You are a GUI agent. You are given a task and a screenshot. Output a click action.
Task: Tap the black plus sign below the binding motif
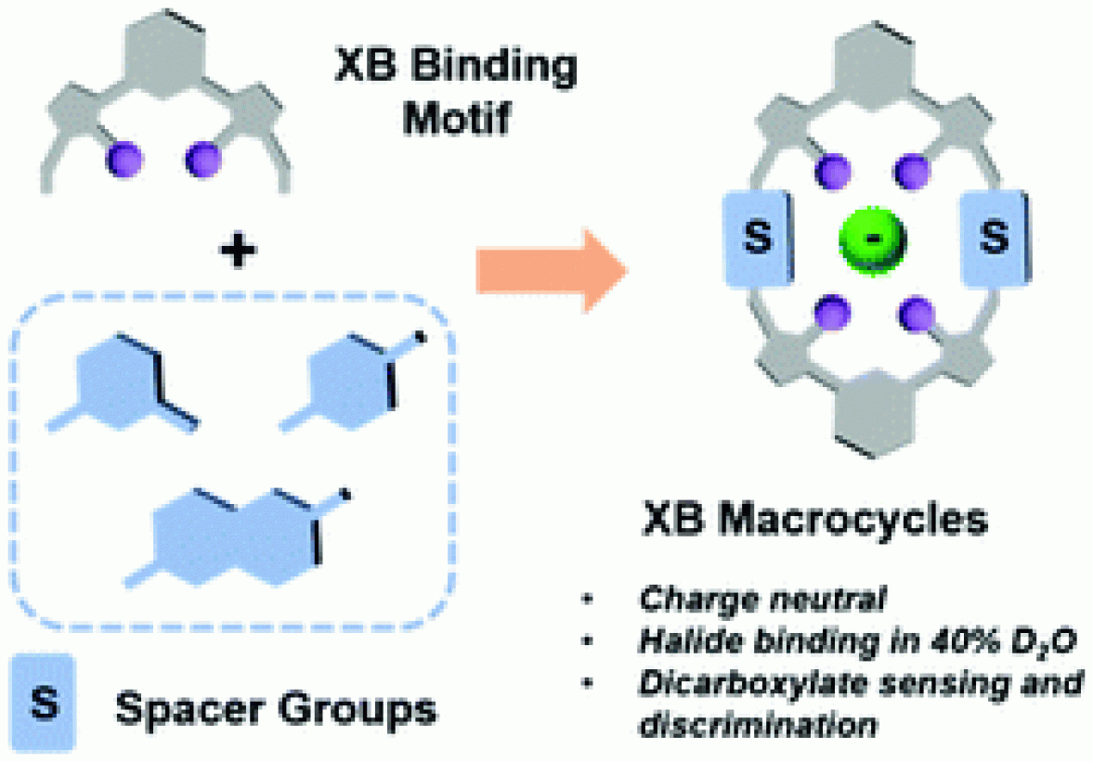[x=239, y=252]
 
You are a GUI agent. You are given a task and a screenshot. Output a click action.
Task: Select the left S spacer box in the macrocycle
[x=758, y=239]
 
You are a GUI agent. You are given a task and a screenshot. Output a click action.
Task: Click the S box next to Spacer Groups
[x=43, y=703]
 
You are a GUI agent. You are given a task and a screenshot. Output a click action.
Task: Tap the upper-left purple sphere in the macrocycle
[x=834, y=169]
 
